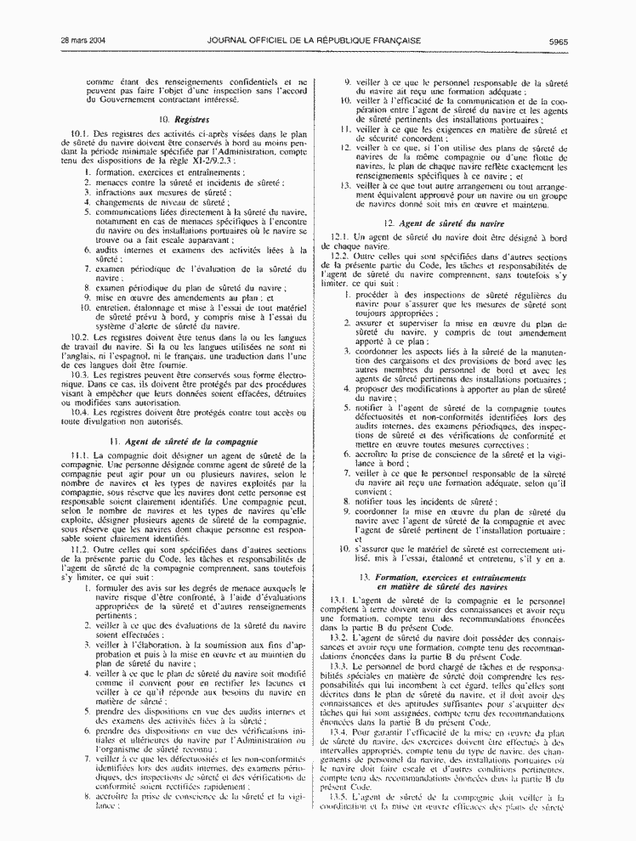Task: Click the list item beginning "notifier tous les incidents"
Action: (x=423, y=502)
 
